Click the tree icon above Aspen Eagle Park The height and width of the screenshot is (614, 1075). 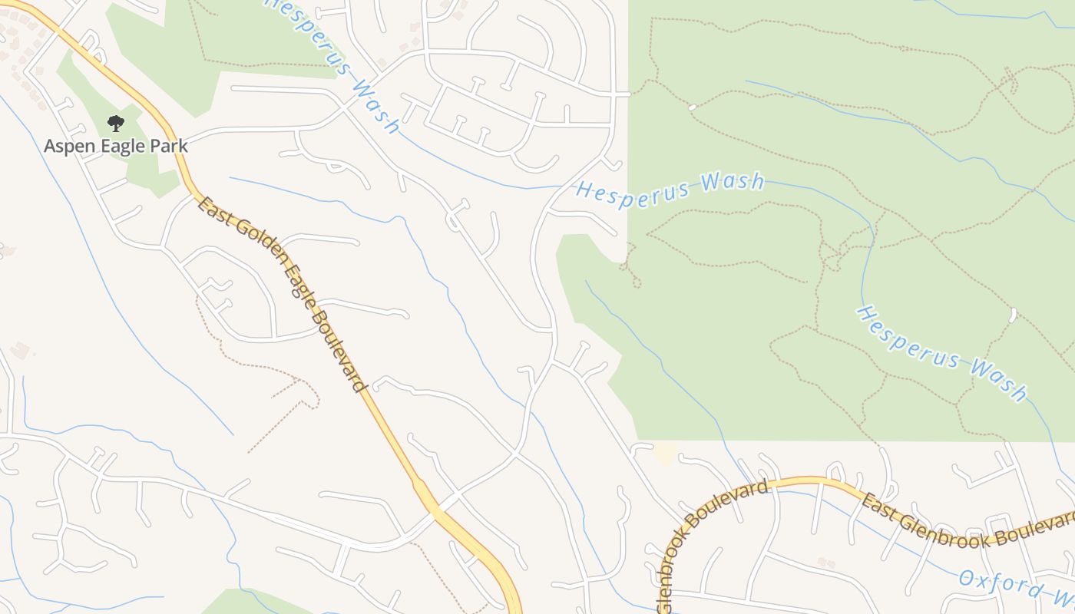[115, 123]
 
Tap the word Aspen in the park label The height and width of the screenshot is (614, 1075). [66, 146]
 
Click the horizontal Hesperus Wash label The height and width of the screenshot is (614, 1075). [670, 187]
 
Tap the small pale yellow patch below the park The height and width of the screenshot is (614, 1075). [665, 454]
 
